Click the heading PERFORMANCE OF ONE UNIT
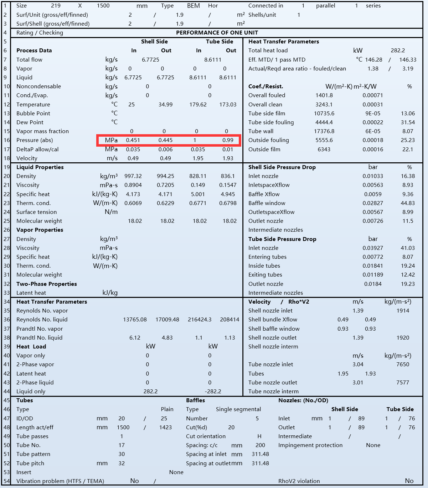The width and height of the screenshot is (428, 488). (x=217, y=33)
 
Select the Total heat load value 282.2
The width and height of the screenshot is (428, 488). (x=398, y=51)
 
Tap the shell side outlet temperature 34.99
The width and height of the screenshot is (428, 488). (x=165, y=105)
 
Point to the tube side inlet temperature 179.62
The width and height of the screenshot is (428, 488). (x=198, y=105)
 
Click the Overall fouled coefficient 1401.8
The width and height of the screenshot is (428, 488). (x=324, y=95)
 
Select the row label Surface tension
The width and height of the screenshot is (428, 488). (x=36, y=212)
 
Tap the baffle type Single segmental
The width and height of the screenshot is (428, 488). (x=238, y=409)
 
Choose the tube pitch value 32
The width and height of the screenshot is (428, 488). (x=122, y=463)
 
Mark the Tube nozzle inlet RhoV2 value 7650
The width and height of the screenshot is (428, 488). (x=403, y=364)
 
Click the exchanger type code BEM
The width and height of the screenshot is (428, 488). (x=194, y=6)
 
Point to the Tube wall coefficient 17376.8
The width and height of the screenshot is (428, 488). (x=324, y=131)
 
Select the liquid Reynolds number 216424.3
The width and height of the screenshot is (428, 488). (x=200, y=320)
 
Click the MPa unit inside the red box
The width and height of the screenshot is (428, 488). (x=111, y=140)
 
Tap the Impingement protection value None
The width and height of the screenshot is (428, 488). (x=373, y=445)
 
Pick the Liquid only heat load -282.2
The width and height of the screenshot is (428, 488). (x=213, y=392)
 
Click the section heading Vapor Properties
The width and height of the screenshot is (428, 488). (x=40, y=230)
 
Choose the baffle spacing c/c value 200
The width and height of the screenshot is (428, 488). (x=260, y=445)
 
